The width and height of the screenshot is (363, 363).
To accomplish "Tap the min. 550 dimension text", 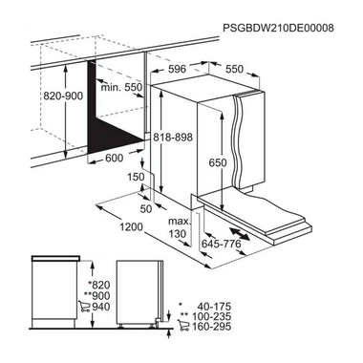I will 122,86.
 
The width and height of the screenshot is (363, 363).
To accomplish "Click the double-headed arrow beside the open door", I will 246,233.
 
